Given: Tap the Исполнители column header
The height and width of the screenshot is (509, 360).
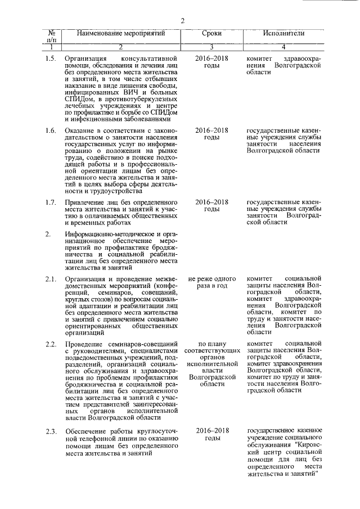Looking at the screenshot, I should click(x=283, y=34).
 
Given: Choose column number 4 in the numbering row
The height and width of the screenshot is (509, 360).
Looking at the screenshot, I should click(x=283, y=47).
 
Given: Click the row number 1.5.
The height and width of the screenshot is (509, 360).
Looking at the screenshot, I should click(x=51, y=58).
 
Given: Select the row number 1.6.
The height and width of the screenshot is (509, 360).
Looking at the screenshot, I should click(x=51, y=131).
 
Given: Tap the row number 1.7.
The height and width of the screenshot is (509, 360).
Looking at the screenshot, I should click(x=51, y=202).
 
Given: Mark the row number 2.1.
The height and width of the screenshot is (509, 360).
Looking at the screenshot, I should click(x=51, y=279).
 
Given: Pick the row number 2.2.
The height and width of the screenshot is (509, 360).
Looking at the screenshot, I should click(x=51, y=344).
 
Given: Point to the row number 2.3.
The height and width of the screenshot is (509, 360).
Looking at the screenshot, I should click(x=51, y=431).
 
